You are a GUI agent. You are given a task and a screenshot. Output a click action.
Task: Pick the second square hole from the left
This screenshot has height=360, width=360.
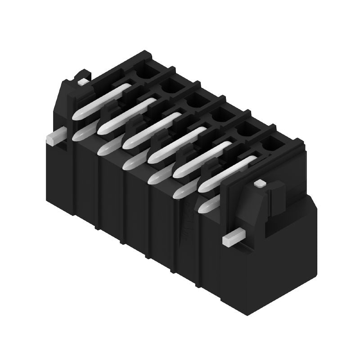coord(171,84)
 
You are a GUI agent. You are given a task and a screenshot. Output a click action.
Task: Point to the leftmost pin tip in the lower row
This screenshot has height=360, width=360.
coord(80,133)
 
